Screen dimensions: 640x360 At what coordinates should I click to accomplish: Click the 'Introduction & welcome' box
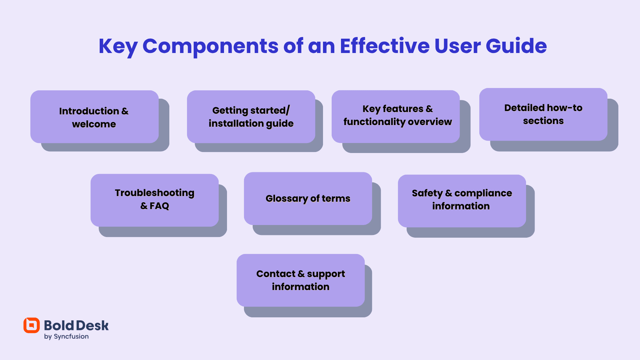94,117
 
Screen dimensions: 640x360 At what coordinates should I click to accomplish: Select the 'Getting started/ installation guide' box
251,117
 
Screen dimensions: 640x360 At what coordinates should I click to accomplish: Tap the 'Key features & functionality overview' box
396,116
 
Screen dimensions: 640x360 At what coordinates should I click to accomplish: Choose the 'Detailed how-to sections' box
543,114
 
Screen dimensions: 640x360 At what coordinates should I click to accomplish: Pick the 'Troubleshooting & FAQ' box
155,200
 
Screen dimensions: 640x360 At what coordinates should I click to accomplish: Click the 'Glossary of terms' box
308,199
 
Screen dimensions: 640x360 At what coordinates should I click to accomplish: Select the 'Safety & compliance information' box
462,201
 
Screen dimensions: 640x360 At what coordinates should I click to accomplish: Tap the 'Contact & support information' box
301,280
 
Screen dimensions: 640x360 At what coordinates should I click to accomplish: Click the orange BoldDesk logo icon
32,325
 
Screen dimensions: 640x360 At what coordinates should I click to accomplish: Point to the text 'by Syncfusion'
66,336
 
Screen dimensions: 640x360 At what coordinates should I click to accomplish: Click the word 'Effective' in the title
385,46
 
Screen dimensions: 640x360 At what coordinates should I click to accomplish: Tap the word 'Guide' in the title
516,46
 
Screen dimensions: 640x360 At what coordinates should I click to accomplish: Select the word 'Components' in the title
210,46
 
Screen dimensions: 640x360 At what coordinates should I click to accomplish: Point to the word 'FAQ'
159,206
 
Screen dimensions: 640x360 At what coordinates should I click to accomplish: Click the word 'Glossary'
287,199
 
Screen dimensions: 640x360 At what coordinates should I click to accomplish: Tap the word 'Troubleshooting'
155,193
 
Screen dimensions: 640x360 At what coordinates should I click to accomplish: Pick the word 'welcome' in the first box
94,124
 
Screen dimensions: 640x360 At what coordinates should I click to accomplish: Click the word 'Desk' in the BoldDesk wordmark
92,326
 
